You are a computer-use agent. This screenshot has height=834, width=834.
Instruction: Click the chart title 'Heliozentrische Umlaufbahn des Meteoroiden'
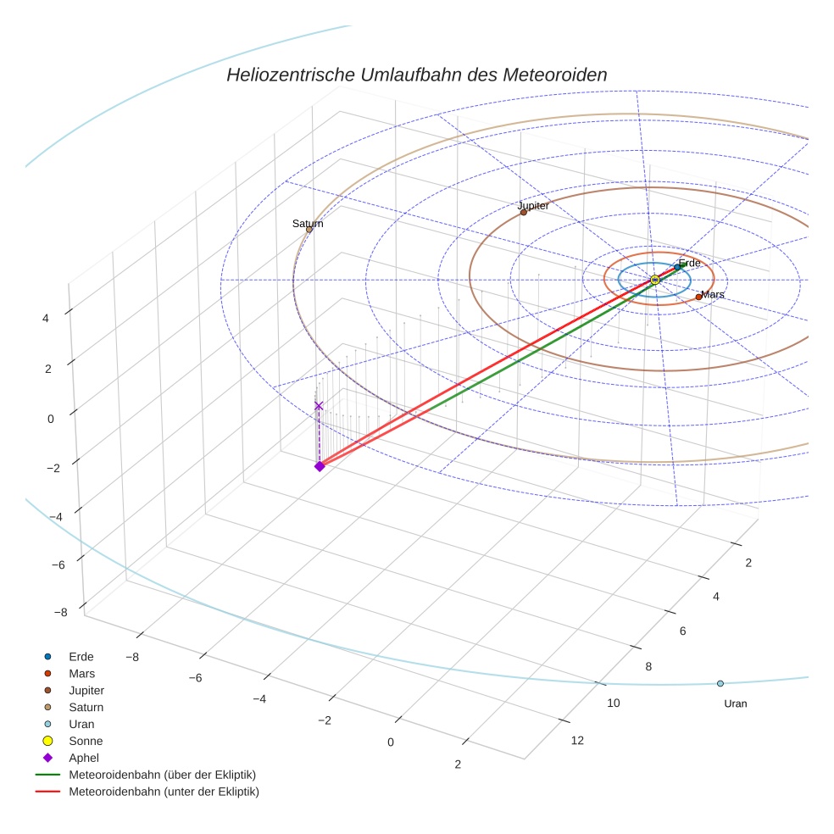(x=416, y=75)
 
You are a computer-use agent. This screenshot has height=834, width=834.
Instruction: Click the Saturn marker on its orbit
(x=309, y=230)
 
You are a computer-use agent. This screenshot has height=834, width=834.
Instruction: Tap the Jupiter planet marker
(x=524, y=212)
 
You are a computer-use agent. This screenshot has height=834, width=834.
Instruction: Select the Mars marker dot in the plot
(x=698, y=297)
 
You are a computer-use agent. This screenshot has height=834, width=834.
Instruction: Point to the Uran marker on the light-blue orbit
(x=720, y=683)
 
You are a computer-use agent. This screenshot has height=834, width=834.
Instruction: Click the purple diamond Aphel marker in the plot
(x=320, y=466)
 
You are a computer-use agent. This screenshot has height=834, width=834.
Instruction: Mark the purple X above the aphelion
(x=319, y=406)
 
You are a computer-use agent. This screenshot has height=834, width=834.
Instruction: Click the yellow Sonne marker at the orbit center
(x=654, y=280)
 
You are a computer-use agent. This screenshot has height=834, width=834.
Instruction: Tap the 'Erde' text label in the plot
(x=690, y=264)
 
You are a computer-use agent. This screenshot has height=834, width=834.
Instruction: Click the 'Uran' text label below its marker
(x=736, y=703)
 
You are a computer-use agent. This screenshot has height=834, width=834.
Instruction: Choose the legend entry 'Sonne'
(x=86, y=741)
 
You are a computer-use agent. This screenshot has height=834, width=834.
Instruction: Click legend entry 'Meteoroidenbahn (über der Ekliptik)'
(x=162, y=775)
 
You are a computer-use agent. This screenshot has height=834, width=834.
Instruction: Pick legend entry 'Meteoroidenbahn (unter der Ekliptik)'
(x=164, y=792)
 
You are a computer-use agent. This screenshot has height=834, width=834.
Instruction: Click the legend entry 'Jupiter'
(x=86, y=690)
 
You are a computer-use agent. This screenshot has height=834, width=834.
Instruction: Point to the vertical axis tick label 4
(x=46, y=319)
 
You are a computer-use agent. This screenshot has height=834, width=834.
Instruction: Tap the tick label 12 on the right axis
(x=577, y=741)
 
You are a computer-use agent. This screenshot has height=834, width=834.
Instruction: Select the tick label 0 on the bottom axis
(x=391, y=742)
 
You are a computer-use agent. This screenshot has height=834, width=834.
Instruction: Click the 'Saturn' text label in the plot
(x=308, y=224)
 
